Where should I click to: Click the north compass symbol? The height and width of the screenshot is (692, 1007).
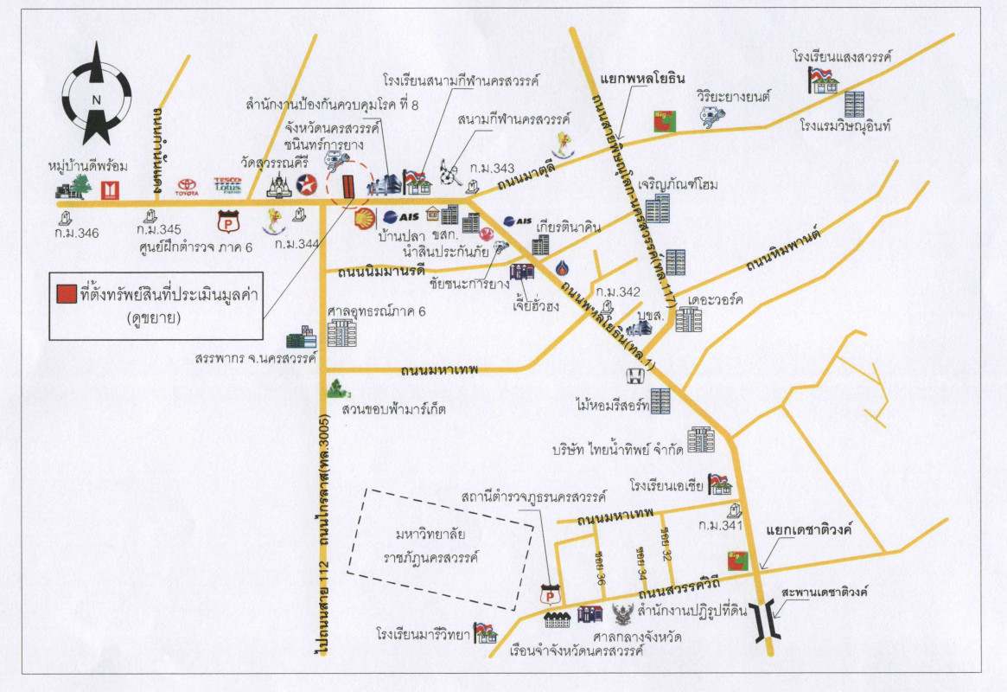97,97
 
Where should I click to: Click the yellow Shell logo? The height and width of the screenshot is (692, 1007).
364,216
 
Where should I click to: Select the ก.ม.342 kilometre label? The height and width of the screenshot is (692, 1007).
616,292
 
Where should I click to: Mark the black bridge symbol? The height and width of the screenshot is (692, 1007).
764,621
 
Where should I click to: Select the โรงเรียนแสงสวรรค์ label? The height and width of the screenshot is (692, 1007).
842,56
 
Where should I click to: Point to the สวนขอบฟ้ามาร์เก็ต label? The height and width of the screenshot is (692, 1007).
393,408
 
